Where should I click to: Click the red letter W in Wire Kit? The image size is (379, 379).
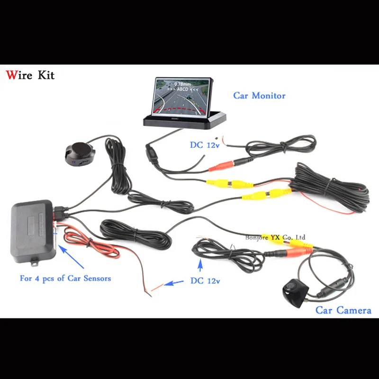[10, 75]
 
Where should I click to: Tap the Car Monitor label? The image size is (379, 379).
[259, 96]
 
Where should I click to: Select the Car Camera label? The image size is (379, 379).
[343, 310]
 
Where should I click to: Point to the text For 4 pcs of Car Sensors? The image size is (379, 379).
[65, 278]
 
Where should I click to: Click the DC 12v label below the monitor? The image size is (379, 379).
[205, 145]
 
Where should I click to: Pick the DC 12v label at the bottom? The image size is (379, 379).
[205, 281]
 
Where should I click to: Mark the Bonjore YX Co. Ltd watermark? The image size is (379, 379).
[275, 237]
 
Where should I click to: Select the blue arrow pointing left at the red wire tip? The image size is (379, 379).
[174, 283]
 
